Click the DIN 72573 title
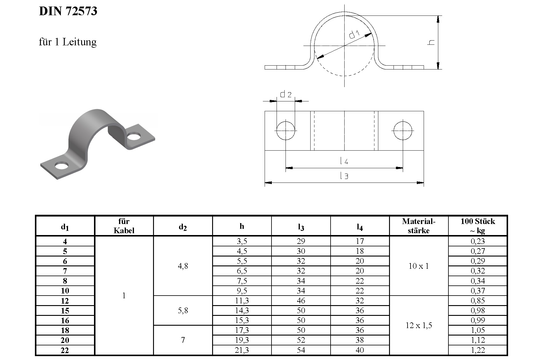[x=68, y=11]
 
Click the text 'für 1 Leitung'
[x=68, y=42]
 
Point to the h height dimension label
[x=431, y=42]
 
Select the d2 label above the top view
[x=286, y=95]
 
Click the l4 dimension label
[x=344, y=161]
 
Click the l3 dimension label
[x=344, y=176]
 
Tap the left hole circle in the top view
[x=286, y=131]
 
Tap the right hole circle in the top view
[x=403, y=131]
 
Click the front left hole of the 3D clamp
[x=62, y=166]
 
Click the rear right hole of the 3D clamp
[x=134, y=137]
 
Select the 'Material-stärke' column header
[x=419, y=226]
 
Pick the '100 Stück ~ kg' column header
[x=477, y=226]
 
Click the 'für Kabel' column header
[x=124, y=226]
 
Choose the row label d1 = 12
[x=65, y=301]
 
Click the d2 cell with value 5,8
[x=183, y=310]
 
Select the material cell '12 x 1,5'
[x=419, y=325]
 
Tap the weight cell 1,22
[x=477, y=350]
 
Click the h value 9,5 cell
[x=242, y=291]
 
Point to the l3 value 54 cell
[x=301, y=350]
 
